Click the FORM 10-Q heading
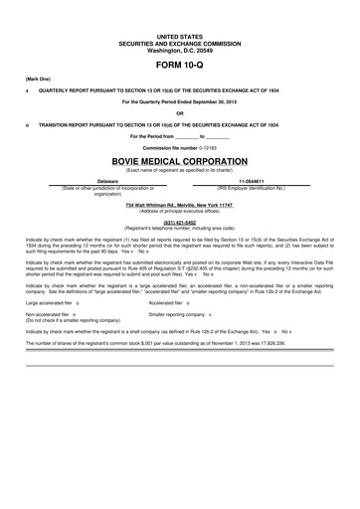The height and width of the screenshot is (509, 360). point(179,63)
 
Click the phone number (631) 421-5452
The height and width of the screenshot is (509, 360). point(179,223)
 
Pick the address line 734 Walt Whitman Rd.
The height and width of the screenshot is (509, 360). point(179,204)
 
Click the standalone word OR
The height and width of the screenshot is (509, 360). point(179,112)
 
